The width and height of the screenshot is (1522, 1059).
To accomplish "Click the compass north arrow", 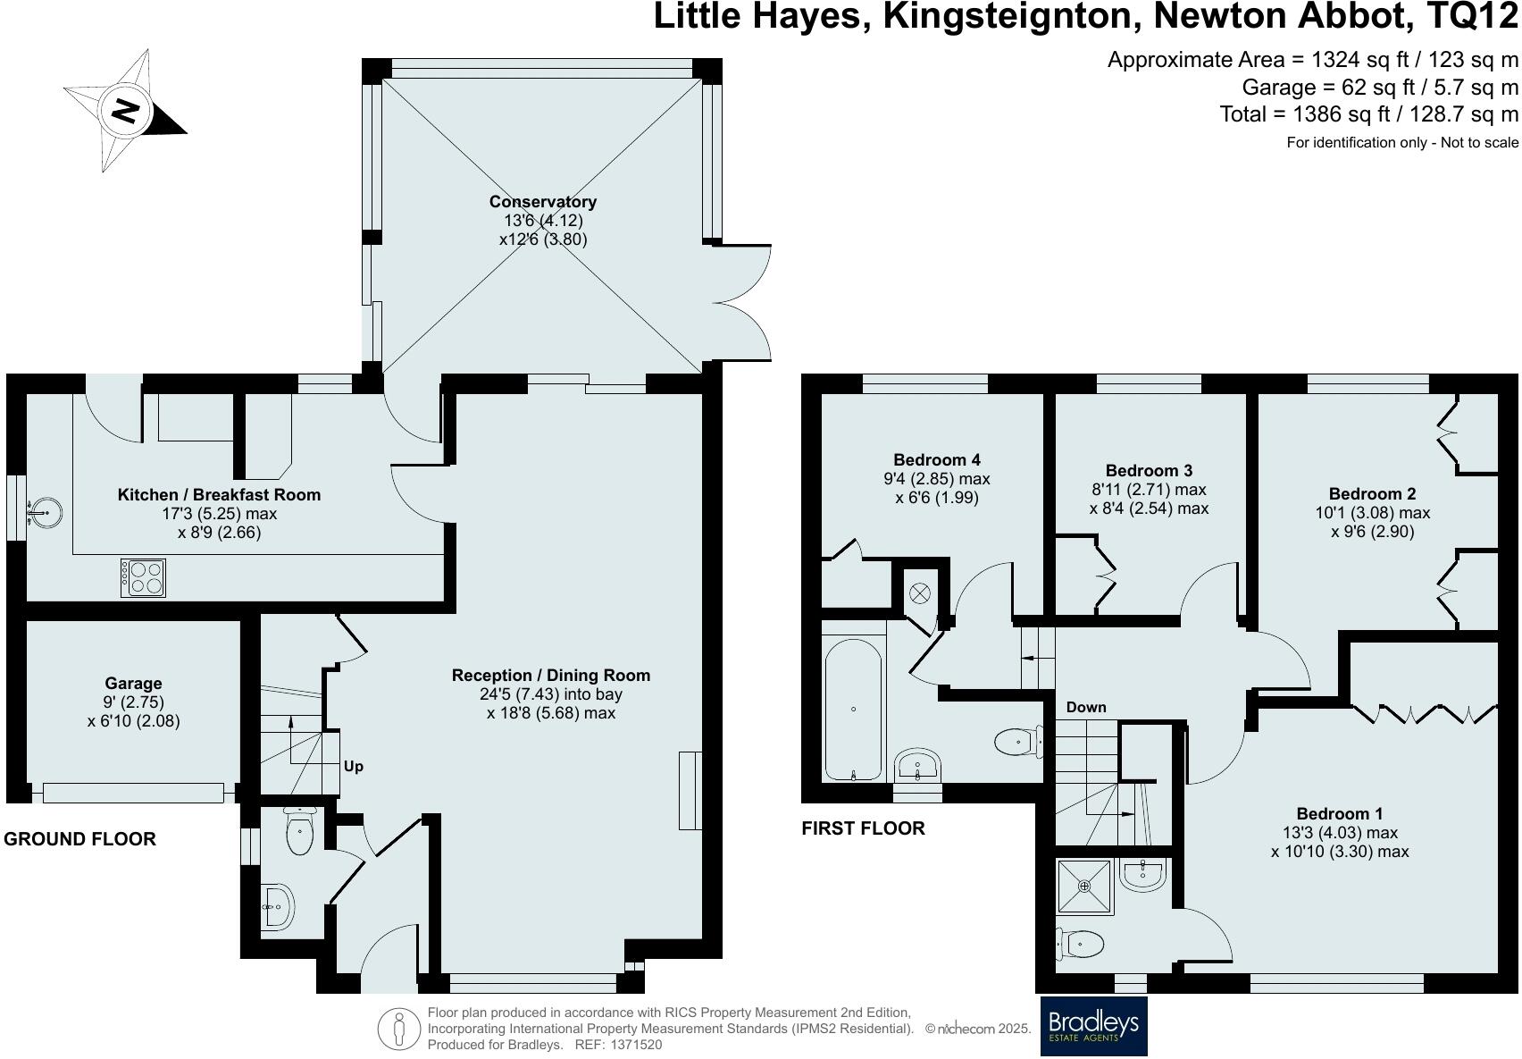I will click(125, 111).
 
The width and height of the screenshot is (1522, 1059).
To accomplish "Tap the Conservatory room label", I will click(542, 202).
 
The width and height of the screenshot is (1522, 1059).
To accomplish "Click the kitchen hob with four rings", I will click(144, 578).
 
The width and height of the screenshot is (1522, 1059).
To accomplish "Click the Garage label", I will click(133, 684).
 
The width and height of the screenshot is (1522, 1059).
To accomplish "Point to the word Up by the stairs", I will click(354, 767).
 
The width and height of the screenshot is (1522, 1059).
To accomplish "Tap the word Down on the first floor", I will click(1086, 707).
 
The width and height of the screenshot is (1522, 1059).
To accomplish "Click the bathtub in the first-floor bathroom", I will click(853, 709).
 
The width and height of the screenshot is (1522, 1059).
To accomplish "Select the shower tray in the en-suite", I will click(1084, 887).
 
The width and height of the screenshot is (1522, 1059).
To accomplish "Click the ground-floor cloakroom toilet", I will click(300, 831).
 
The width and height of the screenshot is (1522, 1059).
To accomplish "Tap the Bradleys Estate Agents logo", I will click(1093, 1026).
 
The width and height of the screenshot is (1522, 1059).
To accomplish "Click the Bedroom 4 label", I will click(937, 460).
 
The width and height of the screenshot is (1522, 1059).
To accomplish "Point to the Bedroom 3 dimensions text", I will click(1149, 500).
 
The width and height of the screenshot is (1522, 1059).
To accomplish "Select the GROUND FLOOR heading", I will click(80, 839).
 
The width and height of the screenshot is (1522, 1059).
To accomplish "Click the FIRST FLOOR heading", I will click(863, 828).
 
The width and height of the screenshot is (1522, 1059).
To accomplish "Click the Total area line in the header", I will click(1368, 114).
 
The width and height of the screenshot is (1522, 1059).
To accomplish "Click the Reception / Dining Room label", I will click(550, 676).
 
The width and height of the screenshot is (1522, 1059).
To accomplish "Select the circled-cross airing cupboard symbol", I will click(921, 593).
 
